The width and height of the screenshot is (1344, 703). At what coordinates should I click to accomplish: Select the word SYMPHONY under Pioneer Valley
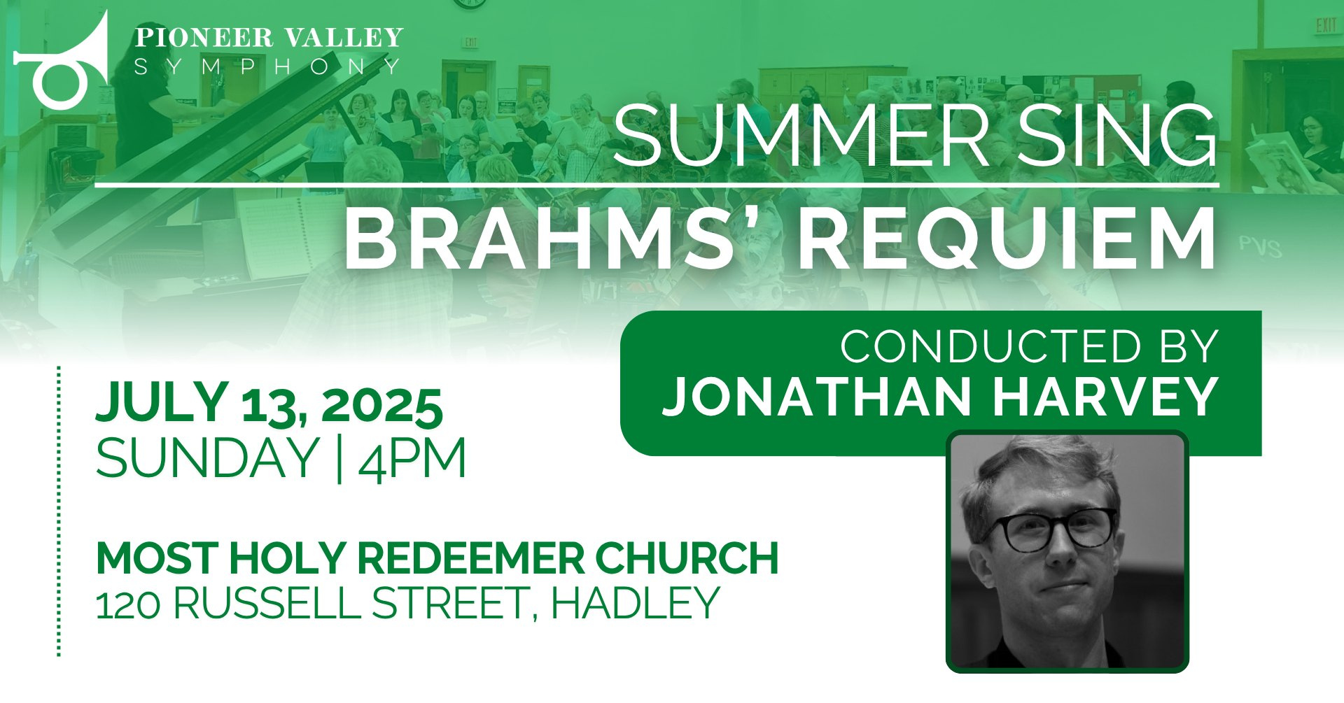pyautogui.click(x=267, y=66)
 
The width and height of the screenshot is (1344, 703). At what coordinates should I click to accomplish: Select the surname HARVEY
pyautogui.click(x=1106, y=397)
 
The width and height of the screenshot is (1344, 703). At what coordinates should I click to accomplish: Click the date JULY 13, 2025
pyautogui.click(x=269, y=405)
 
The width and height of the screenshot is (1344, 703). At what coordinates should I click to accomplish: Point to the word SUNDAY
pyautogui.click(x=207, y=458)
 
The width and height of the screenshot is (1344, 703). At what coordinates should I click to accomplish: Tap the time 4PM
pyautogui.click(x=412, y=458)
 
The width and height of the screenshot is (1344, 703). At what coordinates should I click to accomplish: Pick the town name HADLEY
pyautogui.click(x=636, y=604)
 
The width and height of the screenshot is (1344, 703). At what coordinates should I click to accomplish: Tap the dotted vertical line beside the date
pyautogui.click(x=59, y=511)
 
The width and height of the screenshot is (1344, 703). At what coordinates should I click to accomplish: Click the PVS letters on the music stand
pyautogui.click(x=1261, y=247)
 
